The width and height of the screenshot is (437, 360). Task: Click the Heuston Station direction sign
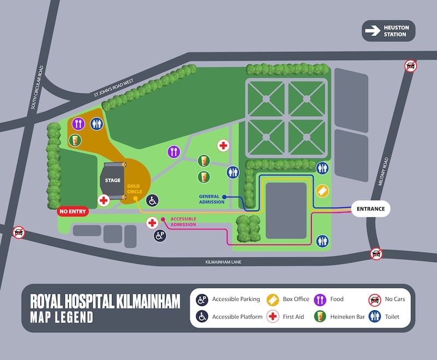(388, 31)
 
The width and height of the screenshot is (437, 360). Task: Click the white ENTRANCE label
(371, 209)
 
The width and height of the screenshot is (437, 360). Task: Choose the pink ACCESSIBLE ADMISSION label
(183, 222)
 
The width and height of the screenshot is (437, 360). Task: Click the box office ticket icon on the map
(323, 191)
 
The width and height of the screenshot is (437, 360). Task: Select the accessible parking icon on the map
(160, 236)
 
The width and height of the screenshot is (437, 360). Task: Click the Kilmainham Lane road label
(221, 262)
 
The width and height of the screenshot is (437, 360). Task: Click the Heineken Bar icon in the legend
(321, 317)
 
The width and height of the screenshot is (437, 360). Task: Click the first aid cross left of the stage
(104, 200)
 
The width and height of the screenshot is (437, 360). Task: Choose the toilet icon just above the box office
(322, 169)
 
